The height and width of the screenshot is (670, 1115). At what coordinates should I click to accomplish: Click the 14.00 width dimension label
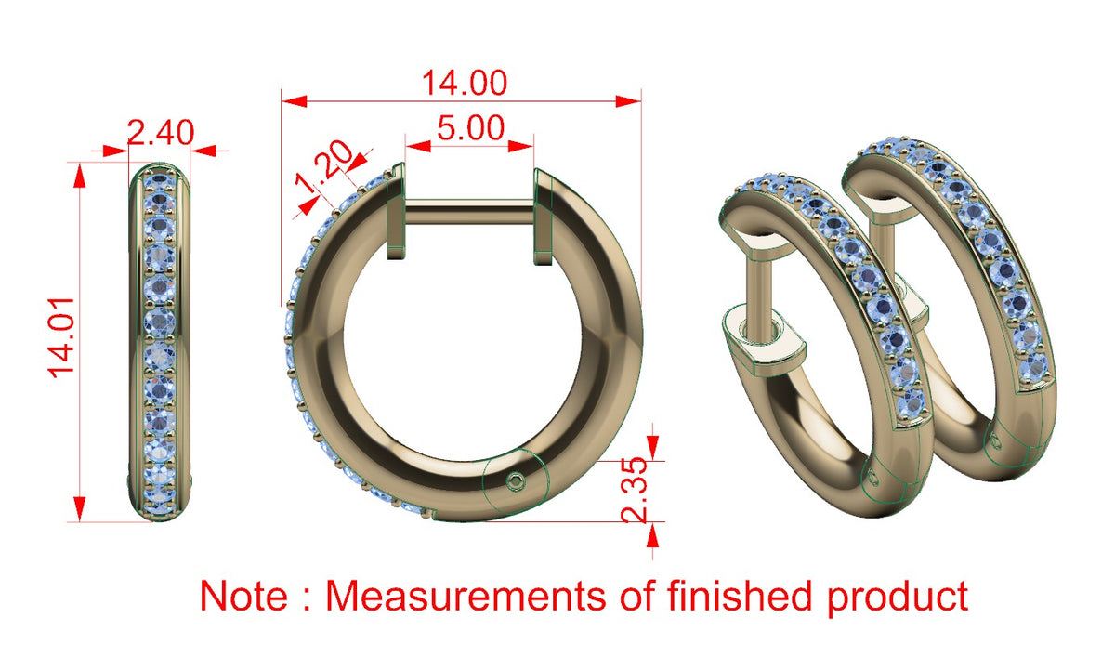[x=465, y=83]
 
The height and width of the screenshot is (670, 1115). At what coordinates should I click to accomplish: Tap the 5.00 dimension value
[x=470, y=128]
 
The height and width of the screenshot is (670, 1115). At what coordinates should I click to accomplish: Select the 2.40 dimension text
[x=160, y=132]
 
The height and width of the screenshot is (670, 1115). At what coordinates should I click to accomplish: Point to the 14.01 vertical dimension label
[x=61, y=337]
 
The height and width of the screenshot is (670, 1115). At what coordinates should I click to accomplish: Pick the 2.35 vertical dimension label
[x=636, y=491]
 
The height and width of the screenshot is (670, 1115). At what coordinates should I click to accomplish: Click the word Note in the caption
[x=243, y=596]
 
